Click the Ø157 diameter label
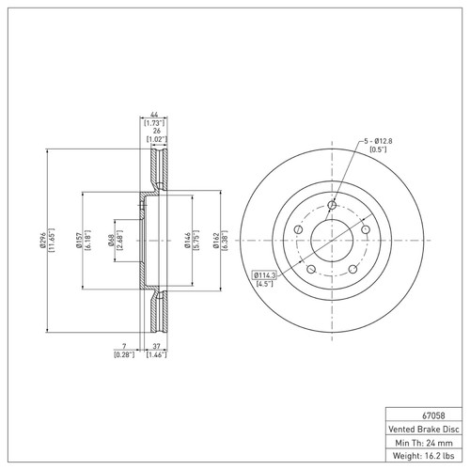click(x=80, y=241)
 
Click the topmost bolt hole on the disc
click(x=331, y=207)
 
